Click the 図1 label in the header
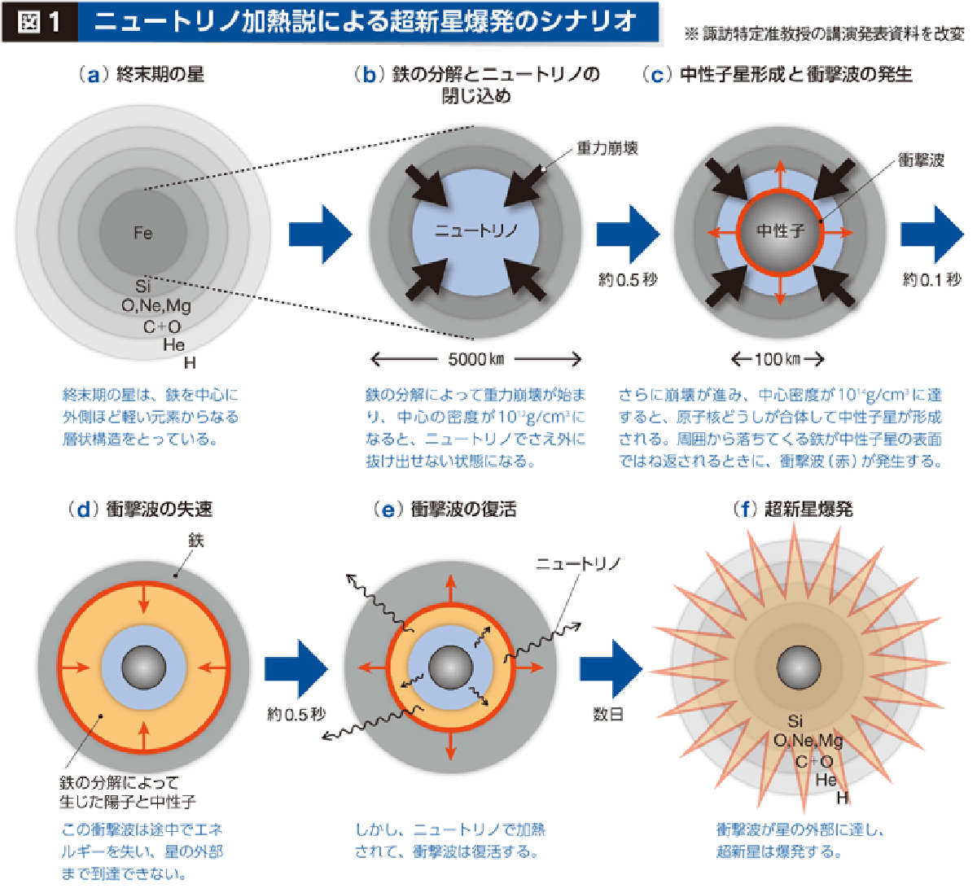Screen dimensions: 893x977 pyautogui.click(x=38, y=22)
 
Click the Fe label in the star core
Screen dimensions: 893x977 pyautogui.click(x=143, y=234)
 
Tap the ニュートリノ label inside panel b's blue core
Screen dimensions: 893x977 pyautogui.click(x=475, y=231)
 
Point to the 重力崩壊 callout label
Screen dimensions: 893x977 pyautogui.click(x=607, y=148)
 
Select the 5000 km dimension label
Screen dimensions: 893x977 pyautogui.click(x=475, y=359)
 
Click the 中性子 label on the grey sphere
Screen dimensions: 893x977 pyautogui.click(x=780, y=231)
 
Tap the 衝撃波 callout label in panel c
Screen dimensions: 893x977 pyautogui.click(x=921, y=160)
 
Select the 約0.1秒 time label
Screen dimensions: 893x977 pyautogui.click(x=931, y=280)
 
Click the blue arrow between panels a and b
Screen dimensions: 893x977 pyautogui.click(x=321, y=234)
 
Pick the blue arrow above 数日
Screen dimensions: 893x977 pyautogui.click(x=611, y=669)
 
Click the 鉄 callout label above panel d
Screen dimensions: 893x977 pyautogui.click(x=196, y=540)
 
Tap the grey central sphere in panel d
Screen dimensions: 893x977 pyautogui.click(x=143, y=668)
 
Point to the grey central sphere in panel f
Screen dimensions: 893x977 pyautogui.click(x=799, y=668)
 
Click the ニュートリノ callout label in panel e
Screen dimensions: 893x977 pyautogui.click(x=578, y=563)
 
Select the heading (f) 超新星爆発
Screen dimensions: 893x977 pyautogui.click(x=793, y=510)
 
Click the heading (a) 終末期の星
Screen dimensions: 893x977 pyautogui.click(x=141, y=75)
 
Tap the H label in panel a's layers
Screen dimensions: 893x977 pyautogui.click(x=190, y=363)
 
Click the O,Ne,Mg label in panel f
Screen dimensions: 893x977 pyautogui.click(x=808, y=741)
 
